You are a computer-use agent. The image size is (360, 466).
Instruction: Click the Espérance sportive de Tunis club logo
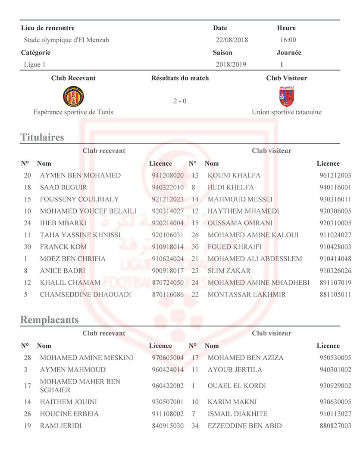(x=73, y=96)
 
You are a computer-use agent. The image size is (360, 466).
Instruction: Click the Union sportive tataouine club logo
(x=287, y=96)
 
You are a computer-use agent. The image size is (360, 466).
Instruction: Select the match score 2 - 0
(x=180, y=101)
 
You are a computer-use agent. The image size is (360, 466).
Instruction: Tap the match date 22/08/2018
(x=232, y=40)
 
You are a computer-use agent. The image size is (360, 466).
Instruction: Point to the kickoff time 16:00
(x=288, y=40)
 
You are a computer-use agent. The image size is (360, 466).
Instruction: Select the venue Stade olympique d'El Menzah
(x=66, y=40)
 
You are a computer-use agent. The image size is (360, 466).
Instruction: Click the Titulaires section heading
(x=42, y=137)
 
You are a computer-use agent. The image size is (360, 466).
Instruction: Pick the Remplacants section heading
(x=50, y=320)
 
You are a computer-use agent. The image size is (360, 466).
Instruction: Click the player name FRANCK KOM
(x=63, y=247)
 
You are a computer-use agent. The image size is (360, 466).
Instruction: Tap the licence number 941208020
(x=168, y=176)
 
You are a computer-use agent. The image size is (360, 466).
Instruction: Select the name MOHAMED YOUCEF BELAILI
(x=88, y=211)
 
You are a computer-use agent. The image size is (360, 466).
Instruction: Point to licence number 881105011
(x=335, y=295)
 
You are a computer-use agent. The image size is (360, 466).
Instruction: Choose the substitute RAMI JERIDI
(x=61, y=426)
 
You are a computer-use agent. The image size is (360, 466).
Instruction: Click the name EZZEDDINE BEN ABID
(x=244, y=426)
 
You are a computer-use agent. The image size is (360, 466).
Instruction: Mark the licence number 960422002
(x=168, y=386)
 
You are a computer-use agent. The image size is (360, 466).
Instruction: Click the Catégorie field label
(x=36, y=53)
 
